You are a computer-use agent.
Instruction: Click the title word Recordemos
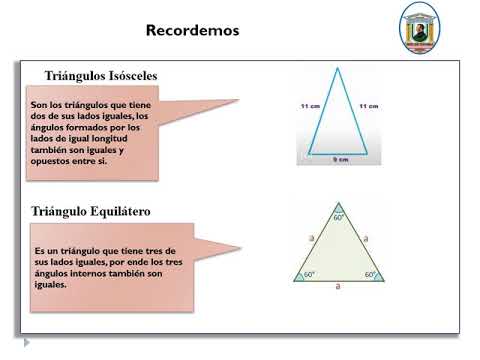pos(193,30)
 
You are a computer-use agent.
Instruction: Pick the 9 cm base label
pos(341,159)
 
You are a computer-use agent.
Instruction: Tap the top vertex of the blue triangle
pos(339,68)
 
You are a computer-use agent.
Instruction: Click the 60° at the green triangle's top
pos(339,217)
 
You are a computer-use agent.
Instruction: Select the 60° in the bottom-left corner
pos(309,274)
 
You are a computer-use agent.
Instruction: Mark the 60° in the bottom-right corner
pos(370,274)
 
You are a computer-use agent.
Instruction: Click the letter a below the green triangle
pos(339,287)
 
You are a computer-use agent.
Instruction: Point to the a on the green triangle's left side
pos(311,239)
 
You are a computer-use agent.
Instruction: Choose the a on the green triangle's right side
pos(367,239)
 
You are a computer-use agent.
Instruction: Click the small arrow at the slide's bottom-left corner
pos(27,342)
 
